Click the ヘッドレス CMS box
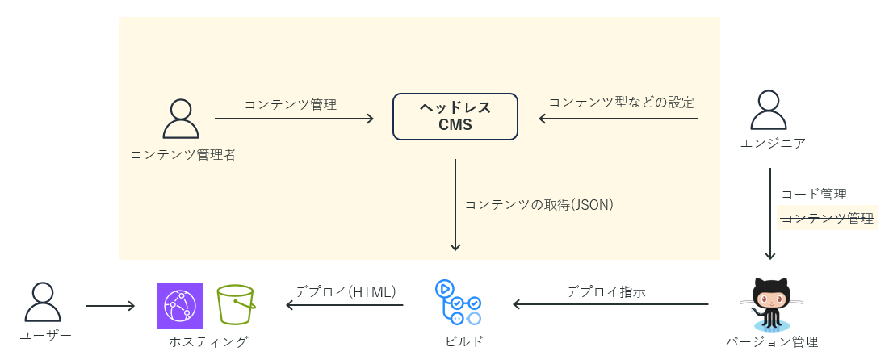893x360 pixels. point(455,117)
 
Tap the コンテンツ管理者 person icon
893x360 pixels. point(181,119)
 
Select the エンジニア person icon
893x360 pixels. point(769,111)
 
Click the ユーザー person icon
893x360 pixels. point(43,303)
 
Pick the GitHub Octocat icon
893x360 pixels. point(770,303)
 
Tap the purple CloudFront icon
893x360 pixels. point(180,306)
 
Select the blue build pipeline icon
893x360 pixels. point(458,303)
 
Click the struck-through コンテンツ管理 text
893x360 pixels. point(827,218)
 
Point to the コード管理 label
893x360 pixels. point(814,195)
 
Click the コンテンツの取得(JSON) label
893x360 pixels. point(539,205)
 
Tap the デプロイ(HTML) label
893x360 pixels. point(345,291)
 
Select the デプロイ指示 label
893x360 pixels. point(606,291)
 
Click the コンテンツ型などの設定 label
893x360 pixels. point(621,103)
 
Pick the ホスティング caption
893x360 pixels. point(208,341)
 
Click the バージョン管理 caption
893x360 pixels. point(771,341)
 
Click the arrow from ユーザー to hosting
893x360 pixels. point(110,306)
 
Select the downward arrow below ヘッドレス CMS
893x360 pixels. point(455,205)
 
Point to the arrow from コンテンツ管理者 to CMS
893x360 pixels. point(294,119)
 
